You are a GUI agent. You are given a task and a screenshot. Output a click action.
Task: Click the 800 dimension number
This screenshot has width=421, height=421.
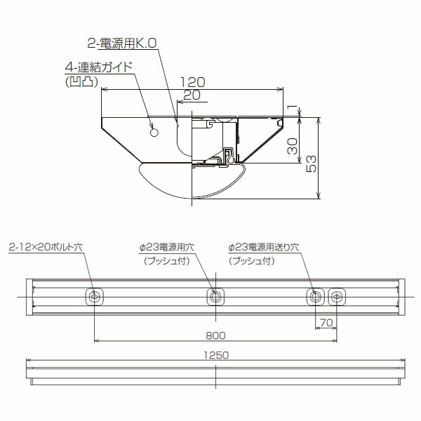[215, 334]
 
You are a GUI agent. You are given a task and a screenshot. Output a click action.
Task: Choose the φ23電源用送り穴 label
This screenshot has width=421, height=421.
[264, 248]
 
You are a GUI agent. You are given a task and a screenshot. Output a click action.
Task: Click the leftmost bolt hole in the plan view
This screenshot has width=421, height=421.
[94, 297]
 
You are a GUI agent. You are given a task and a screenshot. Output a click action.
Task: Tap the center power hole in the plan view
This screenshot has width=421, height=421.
[215, 297]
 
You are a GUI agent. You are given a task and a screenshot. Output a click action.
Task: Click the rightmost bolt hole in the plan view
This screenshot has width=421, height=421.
[337, 297]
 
